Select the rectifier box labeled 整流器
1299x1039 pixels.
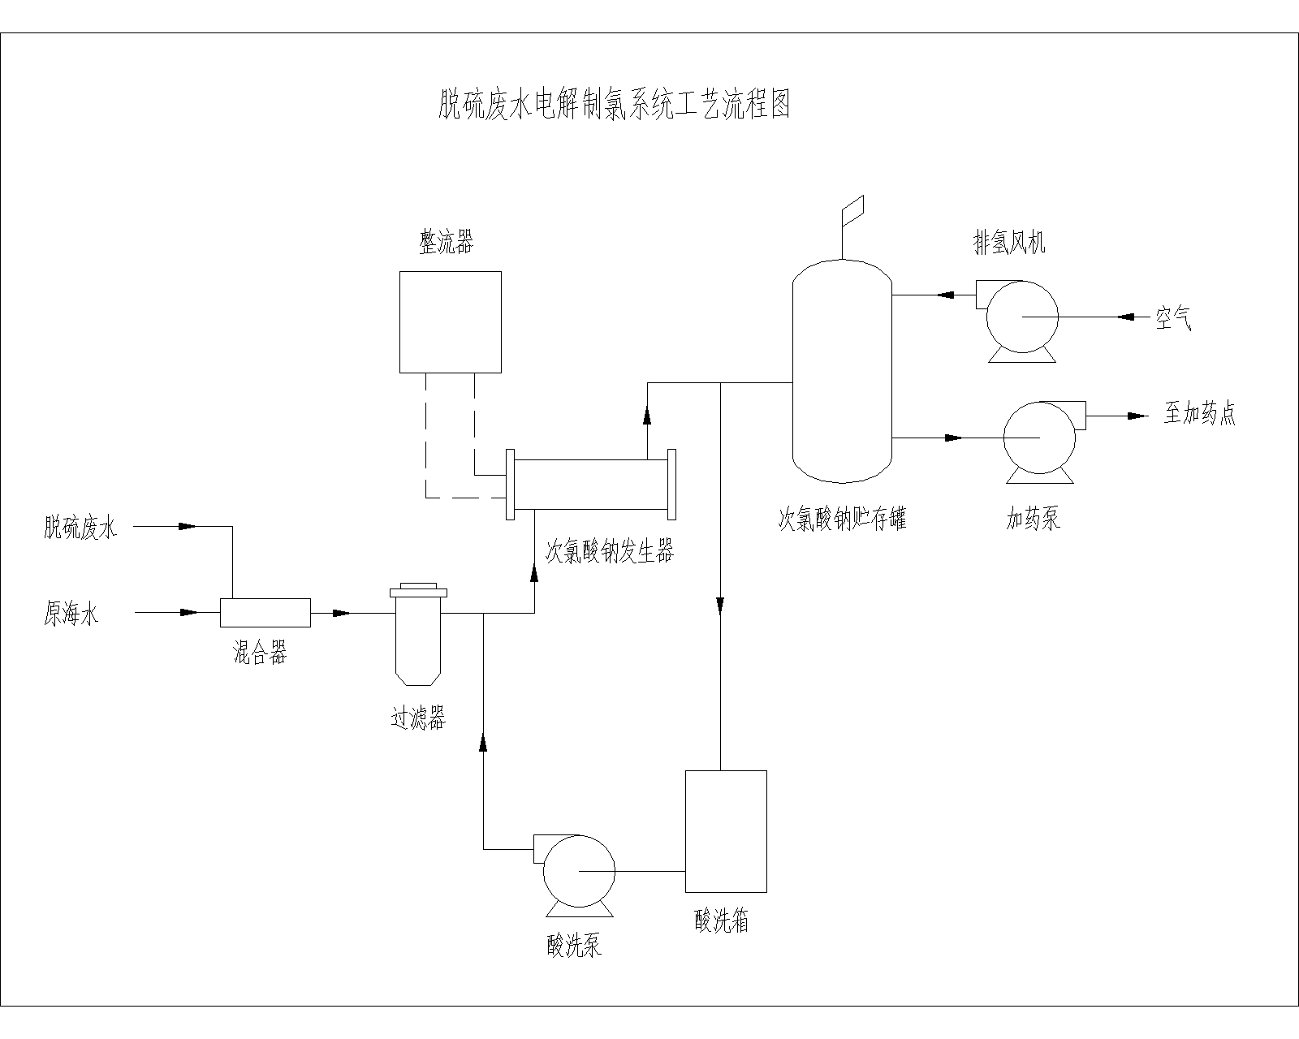click(x=450, y=321)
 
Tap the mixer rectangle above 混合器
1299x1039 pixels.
click(x=265, y=612)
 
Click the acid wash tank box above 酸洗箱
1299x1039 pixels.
click(x=726, y=830)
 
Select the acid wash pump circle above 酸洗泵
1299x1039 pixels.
click(x=577, y=871)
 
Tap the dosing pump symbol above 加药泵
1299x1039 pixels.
click(x=1039, y=438)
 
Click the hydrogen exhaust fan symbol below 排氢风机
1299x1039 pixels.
click(x=1021, y=317)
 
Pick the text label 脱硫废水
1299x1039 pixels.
click(x=80, y=529)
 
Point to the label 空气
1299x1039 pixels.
click(x=1173, y=319)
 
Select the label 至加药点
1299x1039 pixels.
click(x=1199, y=414)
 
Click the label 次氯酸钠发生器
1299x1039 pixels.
click(x=609, y=553)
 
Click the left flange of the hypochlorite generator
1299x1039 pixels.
click(x=509, y=484)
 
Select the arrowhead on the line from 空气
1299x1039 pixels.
click(x=1125, y=317)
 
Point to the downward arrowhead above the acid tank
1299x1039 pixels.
click(x=720, y=606)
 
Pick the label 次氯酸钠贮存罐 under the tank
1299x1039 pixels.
click(x=842, y=519)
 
